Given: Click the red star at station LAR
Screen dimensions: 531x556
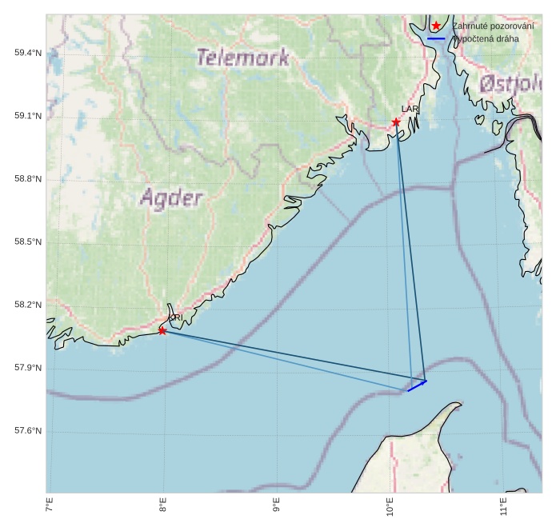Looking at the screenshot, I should [396, 122].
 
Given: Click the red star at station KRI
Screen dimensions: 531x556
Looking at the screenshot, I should [162, 330].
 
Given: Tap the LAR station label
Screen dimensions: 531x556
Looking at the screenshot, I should [410, 108].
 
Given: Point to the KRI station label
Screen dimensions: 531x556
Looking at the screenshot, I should [176, 317].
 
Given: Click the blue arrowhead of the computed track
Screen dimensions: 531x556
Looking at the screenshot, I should [424, 382].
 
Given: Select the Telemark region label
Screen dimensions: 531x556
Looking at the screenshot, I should [242, 58].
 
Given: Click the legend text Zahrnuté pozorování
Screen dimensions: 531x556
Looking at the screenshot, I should [492, 26].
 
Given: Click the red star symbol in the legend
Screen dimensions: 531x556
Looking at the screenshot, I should [435, 26].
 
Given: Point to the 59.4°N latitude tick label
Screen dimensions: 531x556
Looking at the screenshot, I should [28, 53].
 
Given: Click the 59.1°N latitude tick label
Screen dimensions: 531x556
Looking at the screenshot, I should [28, 116].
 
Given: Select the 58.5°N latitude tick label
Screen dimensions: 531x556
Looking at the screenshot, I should [28, 242].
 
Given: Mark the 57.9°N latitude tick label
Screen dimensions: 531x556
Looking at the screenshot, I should [28, 368].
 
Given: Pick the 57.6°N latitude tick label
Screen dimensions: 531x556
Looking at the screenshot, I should [28, 431].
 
